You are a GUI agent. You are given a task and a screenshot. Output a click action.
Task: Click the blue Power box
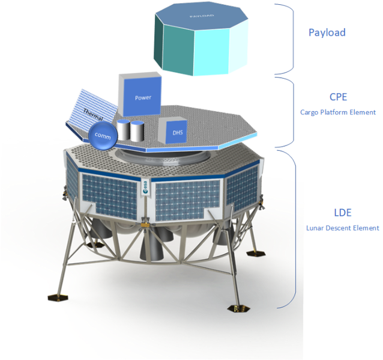(140, 94)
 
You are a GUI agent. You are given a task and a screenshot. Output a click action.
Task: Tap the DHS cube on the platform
(173, 130)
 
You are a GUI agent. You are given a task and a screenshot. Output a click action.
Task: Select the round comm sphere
(103, 135)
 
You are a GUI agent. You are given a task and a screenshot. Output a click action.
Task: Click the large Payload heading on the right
(327, 32)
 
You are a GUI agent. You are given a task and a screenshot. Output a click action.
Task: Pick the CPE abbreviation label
(339, 97)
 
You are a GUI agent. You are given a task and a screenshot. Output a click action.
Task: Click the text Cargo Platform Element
(338, 112)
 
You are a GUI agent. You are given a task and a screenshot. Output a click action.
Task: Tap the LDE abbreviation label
(343, 213)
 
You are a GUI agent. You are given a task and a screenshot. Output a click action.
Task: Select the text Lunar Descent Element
(343, 228)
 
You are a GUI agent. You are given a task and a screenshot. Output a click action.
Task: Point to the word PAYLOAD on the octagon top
(202, 16)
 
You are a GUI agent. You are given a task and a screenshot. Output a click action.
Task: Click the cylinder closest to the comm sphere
(123, 130)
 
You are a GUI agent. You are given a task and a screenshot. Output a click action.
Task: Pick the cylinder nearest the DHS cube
(137, 131)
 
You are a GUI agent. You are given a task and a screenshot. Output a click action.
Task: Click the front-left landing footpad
(58, 297)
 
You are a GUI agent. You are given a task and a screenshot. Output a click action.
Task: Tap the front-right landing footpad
(239, 308)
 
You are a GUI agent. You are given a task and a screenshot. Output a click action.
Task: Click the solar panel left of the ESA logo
(110, 197)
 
